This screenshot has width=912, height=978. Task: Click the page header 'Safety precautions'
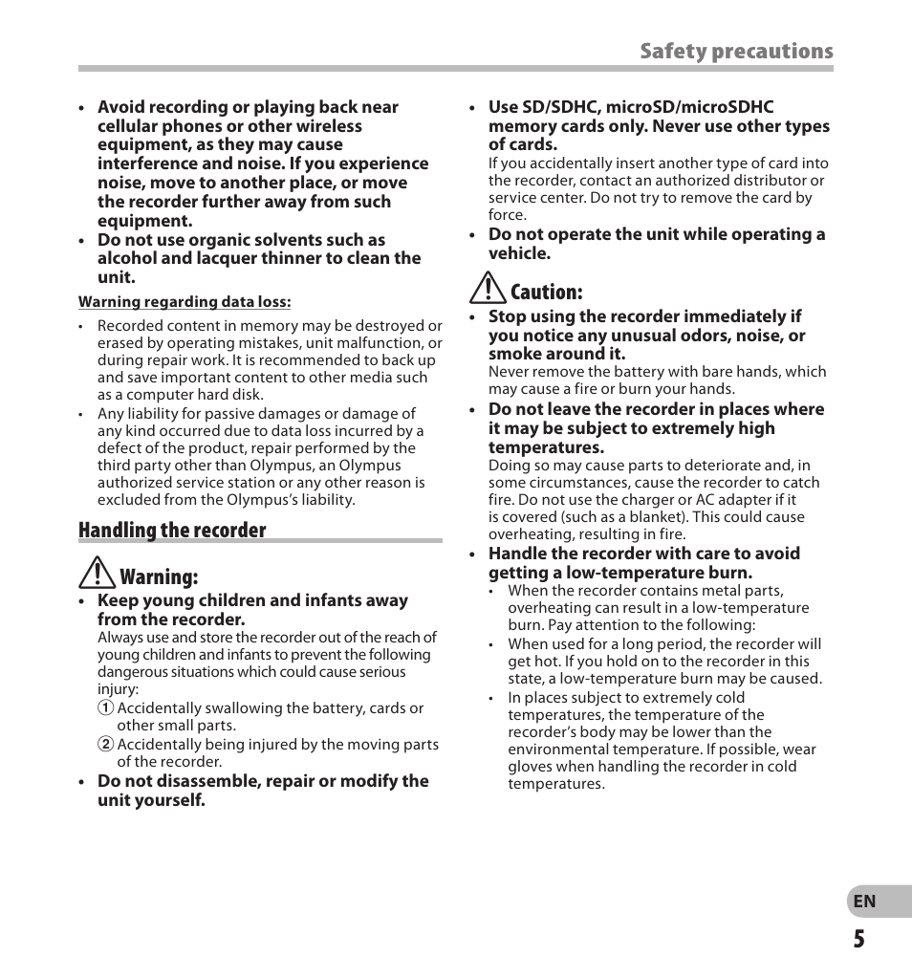[736, 52]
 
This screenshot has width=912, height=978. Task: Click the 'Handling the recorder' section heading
[172, 531]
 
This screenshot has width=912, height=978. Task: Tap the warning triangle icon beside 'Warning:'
[97, 574]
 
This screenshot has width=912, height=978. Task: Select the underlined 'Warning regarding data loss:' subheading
[185, 302]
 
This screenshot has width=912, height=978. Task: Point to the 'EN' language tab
[864, 902]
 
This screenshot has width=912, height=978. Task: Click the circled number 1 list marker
[105, 708]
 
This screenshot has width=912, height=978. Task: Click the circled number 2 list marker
[105, 745]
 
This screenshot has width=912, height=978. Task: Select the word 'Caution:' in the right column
[546, 292]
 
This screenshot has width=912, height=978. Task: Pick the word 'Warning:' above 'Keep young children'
[159, 577]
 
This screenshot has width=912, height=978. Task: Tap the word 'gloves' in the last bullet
[530, 767]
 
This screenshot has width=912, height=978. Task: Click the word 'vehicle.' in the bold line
[519, 253]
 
